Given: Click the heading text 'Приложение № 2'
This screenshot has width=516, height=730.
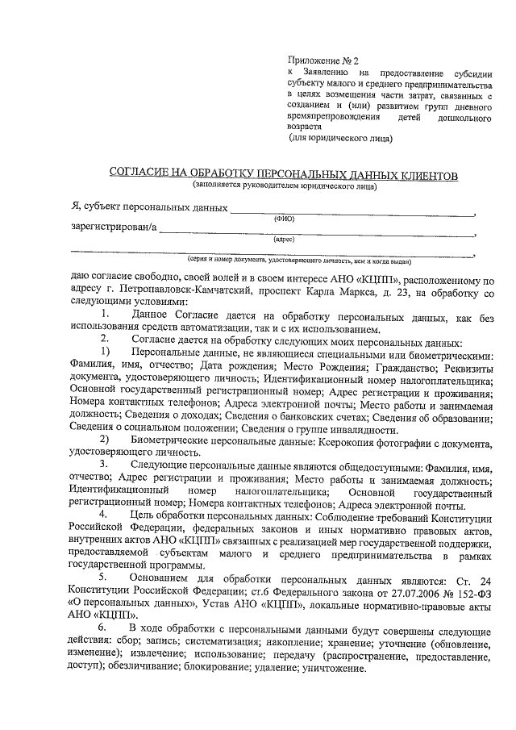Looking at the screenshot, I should coord(323,59).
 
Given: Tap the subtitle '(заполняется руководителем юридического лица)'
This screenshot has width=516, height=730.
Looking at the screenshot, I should coord(284,186).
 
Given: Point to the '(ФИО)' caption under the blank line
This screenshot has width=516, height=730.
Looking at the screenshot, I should coord(284,219).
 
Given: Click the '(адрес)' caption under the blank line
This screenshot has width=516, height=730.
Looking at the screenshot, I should coord(284,240).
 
